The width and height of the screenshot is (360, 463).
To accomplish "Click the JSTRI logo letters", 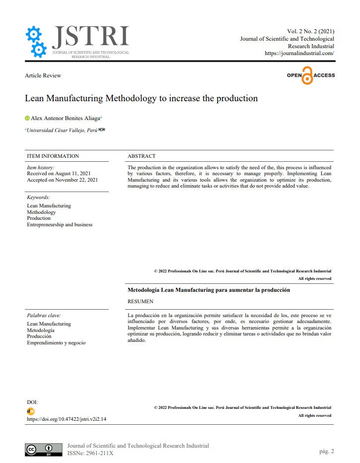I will pyautogui.click(x=90, y=36).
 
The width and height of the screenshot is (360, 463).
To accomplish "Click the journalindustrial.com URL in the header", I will pyautogui.click(x=299, y=53).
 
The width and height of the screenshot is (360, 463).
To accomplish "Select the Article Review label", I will pyautogui.click(x=43, y=75).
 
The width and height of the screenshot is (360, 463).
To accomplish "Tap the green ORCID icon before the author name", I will pyautogui.click(x=27, y=118).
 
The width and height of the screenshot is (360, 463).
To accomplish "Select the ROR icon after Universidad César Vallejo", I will pyautogui.click(x=102, y=130).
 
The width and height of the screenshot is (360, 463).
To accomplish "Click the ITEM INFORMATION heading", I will pyautogui.click(x=53, y=156).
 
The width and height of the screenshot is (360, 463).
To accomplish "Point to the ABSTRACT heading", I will pyautogui.click(x=141, y=156).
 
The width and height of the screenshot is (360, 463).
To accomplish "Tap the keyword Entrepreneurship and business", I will pyautogui.click(x=60, y=224).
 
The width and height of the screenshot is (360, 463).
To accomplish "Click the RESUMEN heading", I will pyautogui.click(x=141, y=301).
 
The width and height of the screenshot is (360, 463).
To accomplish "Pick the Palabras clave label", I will pyautogui.click(x=44, y=315).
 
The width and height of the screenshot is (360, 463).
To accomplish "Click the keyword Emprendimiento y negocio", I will pyautogui.click(x=56, y=342).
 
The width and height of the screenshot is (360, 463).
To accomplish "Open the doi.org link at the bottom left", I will pyautogui.click(x=66, y=419).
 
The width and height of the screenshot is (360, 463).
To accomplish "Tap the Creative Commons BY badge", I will pyautogui.click(x=44, y=449).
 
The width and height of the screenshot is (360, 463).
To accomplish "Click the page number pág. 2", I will pyautogui.click(x=327, y=451).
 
